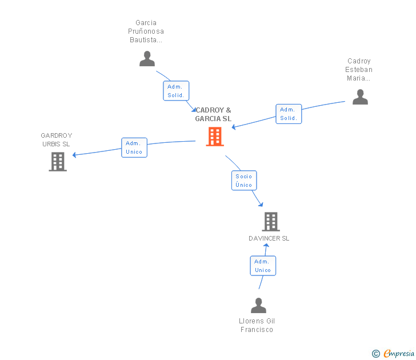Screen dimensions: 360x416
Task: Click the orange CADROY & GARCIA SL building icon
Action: coord(215,137)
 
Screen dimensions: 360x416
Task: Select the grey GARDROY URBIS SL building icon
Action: coord(58,162)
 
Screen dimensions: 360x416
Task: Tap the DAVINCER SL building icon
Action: coord(270,221)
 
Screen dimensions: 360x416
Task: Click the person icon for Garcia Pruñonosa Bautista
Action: coord(147,59)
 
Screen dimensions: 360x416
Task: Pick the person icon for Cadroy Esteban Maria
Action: coord(360,97)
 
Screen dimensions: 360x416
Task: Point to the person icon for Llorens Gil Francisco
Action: coord(258,306)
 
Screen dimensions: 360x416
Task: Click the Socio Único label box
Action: coord(244,181)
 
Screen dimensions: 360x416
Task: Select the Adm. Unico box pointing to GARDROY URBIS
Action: coord(134,147)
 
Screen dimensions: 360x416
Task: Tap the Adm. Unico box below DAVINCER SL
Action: coord(263,266)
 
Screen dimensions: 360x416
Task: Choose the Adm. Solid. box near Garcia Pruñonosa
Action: coord(176,91)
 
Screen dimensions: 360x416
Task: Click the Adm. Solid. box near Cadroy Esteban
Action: coord(289,114)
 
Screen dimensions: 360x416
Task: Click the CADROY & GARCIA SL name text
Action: coord(213,114)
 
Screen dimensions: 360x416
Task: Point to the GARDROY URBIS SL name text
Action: coord(56,140)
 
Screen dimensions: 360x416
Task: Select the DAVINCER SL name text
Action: coord(269,238)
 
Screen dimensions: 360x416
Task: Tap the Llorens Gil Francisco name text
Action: coord(257,325)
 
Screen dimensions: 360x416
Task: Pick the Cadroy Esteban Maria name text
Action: coord(359,70)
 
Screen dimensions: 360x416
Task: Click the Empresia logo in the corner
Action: coord(399,354)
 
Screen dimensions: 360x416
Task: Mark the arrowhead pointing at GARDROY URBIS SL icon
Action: coord(74,154)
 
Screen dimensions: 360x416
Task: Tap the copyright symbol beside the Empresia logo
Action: coord(375,354)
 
